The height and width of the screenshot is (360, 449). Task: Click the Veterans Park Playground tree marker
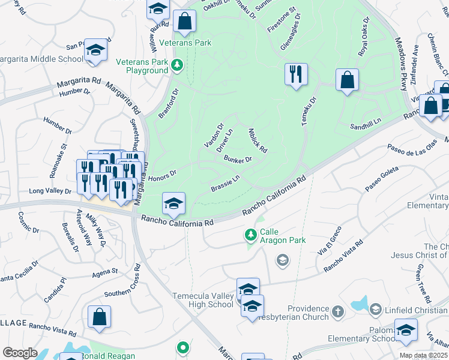pos(176,64)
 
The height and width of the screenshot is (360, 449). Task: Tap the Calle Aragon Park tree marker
pos(252,234)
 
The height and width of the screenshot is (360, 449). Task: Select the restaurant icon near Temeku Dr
pos(295,74)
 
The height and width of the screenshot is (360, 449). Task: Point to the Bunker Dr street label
pos(237,159)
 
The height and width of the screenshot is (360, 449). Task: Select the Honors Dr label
pos(162,174)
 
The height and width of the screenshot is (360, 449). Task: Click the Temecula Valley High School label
pos(203,300)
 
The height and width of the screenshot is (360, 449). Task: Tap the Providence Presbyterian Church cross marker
pos(337,311)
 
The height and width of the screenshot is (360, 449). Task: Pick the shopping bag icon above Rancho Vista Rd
pos(99,317)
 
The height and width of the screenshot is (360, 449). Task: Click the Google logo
pos(20,353)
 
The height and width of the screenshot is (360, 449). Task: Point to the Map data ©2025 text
pos(423,355)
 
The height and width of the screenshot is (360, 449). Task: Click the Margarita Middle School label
pos(41,59)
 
